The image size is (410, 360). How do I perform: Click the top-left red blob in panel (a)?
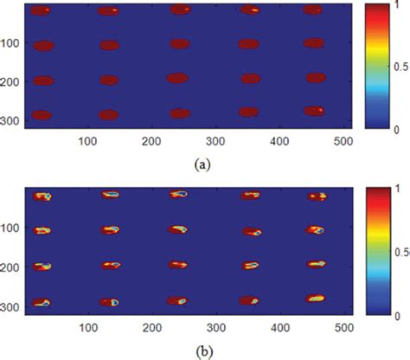41,11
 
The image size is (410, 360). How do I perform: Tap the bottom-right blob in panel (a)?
314,111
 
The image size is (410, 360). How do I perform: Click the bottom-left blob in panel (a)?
42,114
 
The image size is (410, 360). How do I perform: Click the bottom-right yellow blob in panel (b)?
316,298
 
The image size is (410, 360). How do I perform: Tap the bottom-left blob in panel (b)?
42,302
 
